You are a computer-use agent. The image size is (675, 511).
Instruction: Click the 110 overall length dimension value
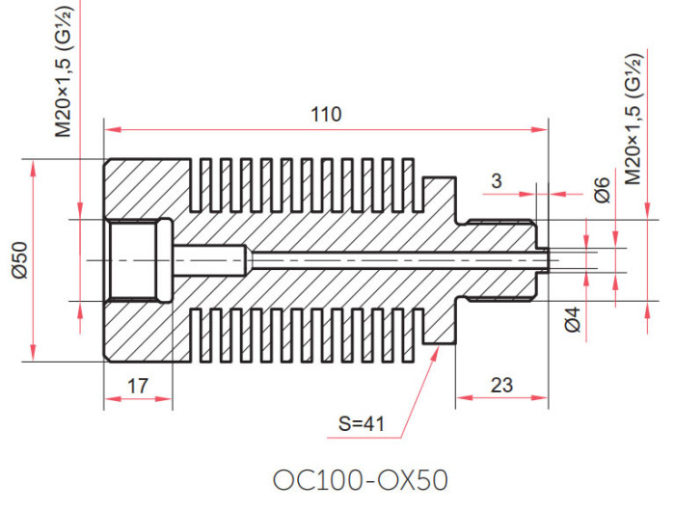tap(326, 115)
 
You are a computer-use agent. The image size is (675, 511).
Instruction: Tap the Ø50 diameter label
tap(20, 260)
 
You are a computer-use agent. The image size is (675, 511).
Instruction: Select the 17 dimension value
tap(138, 386)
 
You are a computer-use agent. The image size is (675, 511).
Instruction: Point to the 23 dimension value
tap(501, 385)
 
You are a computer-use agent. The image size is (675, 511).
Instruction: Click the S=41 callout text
tap(362, 424)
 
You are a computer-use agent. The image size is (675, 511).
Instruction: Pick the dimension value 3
tap(497, 181)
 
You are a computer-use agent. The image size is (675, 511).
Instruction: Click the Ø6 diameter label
tap(603, 189)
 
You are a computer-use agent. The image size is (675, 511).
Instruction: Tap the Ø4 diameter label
tap(573, 320)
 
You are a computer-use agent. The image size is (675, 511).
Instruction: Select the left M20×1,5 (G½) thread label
tap(65, 70)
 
